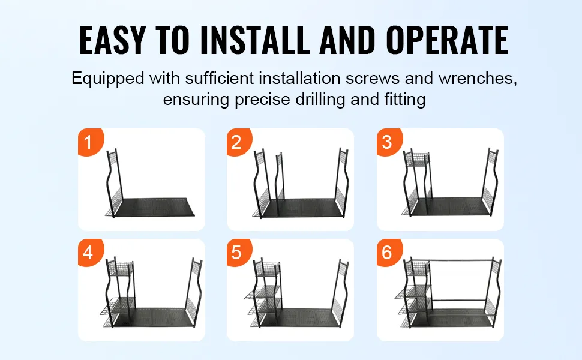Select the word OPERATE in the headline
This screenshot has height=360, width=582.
pyautogui.click(x=447, y=40)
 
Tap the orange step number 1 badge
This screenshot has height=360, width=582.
pyautogui.click(x=90, y=142)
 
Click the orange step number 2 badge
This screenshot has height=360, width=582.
pyautogui.click(x=239, y=142)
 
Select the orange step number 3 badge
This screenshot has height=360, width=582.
pyautogui.click(x=389, y=142)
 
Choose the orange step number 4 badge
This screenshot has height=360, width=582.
pyautogui.click(x=90, y=253)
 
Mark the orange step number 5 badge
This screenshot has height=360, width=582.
pyautogui.click(x=239, y=253)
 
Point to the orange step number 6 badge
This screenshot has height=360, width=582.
pyautogui.click(x=389, y=253)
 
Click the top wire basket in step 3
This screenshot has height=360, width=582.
pyautogui.click(x=416, y=159)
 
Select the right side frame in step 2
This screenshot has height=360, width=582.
pyautogui.click(x=342, y=182)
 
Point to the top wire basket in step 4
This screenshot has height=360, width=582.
pyautogui.click(x=120, y=268)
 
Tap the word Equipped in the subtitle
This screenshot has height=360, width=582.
pyautogui.click(x=107, y=79)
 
